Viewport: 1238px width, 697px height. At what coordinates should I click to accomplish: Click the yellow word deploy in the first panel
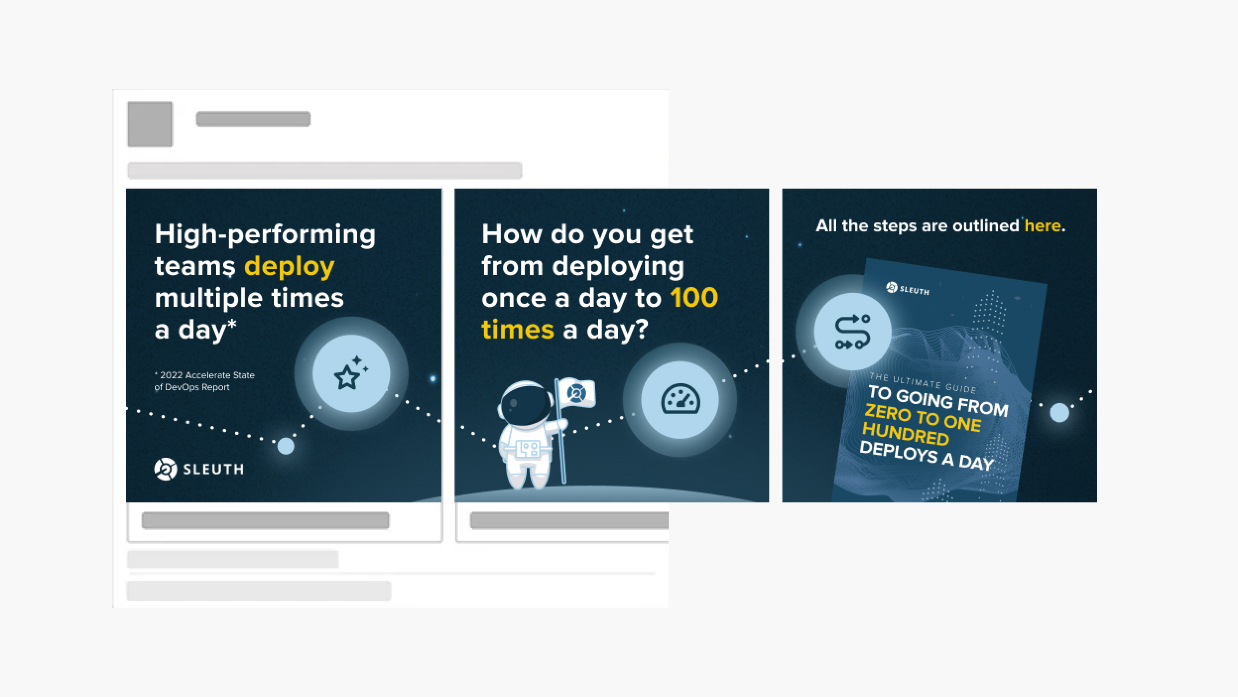289,267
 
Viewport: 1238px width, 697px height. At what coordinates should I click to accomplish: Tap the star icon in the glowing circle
351,374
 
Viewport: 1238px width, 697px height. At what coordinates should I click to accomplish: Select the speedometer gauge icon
681,399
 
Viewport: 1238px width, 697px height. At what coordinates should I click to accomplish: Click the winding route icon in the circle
853,332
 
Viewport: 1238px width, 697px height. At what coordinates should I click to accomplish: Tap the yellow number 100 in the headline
694,298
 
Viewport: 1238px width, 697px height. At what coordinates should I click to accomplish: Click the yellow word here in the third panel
1043,226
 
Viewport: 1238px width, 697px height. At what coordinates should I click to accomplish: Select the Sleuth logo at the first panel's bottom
199,469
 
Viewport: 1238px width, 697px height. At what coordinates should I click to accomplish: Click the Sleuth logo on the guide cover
908,289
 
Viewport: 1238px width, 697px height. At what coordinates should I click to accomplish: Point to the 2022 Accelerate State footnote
204,381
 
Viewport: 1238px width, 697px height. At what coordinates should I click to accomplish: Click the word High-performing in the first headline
265,235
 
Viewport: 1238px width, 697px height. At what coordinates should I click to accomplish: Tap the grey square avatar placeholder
150,124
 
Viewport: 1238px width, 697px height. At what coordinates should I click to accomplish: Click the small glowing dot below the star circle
285,446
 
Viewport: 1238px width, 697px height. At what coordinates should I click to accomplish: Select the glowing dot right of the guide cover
1059,413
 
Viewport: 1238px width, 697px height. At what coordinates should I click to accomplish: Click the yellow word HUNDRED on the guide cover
906,434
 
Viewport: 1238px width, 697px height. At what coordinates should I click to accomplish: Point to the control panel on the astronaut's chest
527,449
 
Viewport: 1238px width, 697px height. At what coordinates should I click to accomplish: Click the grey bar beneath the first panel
265,520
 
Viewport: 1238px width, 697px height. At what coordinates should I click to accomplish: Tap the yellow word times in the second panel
517,330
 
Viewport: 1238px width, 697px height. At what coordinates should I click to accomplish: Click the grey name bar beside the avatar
253,119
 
